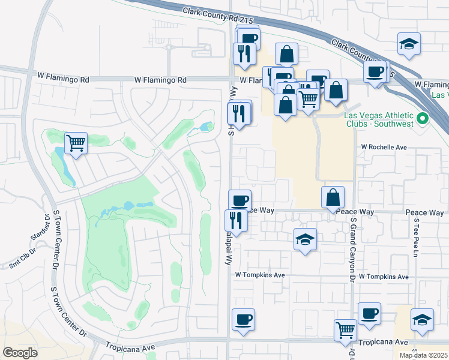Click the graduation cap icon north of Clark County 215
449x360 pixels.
pyautogui.click(x=409, y=44)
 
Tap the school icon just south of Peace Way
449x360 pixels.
pyautogui.click(x=305, y=239)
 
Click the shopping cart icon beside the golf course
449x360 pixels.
pyautogui.click(x=76, y=143)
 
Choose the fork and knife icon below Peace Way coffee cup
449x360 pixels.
pyautogui.click(x=236, y=220)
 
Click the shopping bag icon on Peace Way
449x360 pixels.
pyautogui.click(x=333, y=197)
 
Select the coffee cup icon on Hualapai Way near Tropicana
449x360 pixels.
pyautogui.click(x=243, y=320)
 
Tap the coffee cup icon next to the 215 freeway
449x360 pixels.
pyautogui.click(x=376, y=73)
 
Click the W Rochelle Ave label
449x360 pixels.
pyautogui.click(x=384, y=146)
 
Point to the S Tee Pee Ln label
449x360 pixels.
pyautogui.click(x=415, y=235)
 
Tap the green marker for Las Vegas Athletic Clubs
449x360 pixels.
pyautogui.click(x=422, y=119)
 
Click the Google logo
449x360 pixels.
pyautogui.click(x=20, y=352)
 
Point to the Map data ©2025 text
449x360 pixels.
pyautogui.click(x=423, y=355)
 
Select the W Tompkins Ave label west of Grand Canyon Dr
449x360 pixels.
pyautogui.click(x=259, y=275)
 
